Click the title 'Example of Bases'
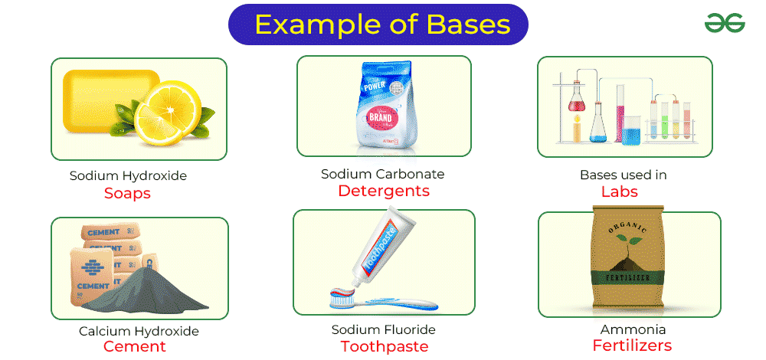pos(382,25)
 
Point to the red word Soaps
pos(127,193)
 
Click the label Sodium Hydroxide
pos(128,175)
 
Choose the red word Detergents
pos(384,191)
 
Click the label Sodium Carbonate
pos(382,174)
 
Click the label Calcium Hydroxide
pos(139,332)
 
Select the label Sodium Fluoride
pos(383,330)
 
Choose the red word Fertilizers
pos(631,345)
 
